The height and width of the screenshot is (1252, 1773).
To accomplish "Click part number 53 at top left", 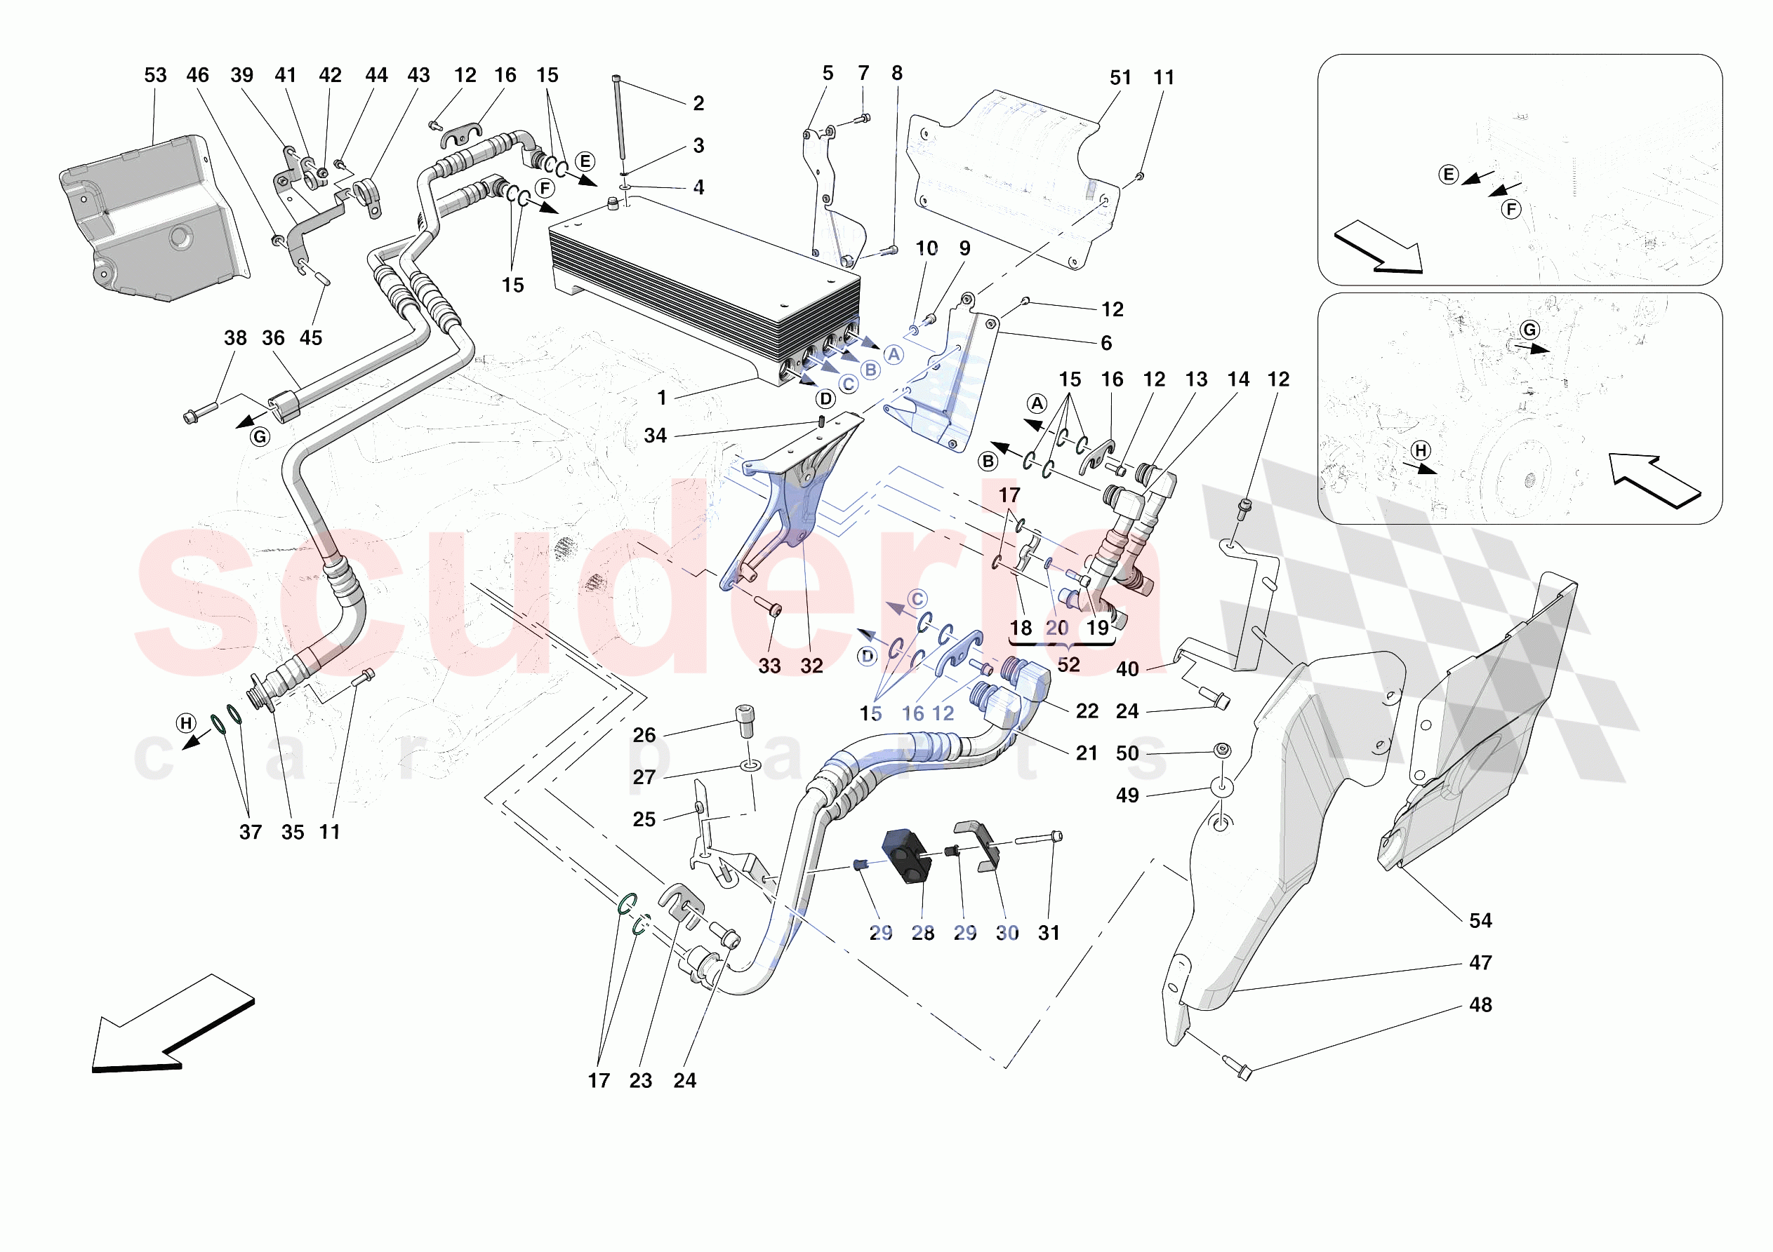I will [x=155, y=75].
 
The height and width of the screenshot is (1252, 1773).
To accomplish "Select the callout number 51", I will [x=1120, y=77].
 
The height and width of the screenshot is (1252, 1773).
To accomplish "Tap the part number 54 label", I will [x=1480, y=920].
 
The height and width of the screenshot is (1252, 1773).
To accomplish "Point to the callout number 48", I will [x=1480, y=1004].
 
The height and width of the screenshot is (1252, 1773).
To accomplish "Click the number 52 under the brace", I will [x=1068, y=665].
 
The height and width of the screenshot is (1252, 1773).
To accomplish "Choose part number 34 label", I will [x=655, y=436].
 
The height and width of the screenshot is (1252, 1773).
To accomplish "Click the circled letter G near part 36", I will [x=260, y=437].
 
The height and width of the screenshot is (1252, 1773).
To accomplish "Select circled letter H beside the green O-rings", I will [x=186, y=723].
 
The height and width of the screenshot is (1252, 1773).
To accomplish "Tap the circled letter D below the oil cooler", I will [x=825, y=399].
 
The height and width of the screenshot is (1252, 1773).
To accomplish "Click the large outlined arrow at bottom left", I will [x=170, y=1027].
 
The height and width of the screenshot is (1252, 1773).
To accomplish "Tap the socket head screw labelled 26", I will [x=745, y=722].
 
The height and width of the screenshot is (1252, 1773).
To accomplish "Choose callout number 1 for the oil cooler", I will [x=662, y=398].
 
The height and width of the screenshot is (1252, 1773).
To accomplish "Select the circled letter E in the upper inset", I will [x=1449, y=175].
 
